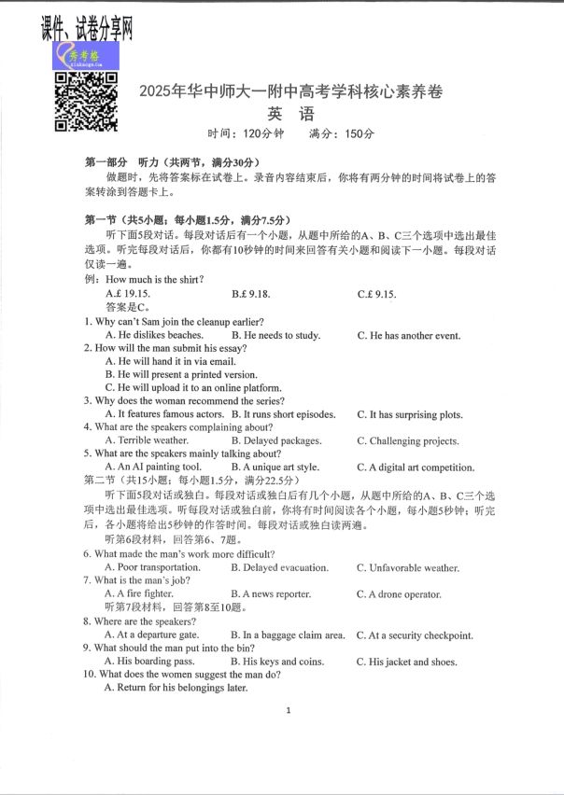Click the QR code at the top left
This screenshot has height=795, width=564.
point(85,100)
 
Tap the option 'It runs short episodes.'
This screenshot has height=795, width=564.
point(282,414)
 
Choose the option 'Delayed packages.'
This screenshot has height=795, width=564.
point(276,440)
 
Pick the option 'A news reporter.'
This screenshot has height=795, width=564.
point(276,594)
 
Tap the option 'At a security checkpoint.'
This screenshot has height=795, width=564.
point(415,635)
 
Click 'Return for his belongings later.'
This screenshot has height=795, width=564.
point(176,688)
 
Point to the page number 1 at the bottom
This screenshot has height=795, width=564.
point(289,711)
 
